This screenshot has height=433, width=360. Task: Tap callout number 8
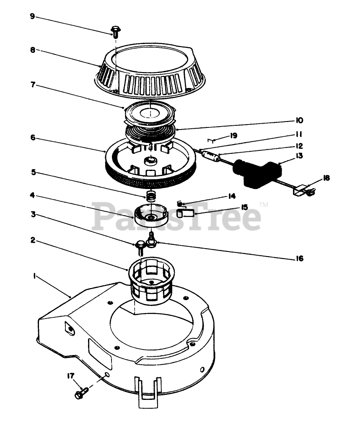click(x=33, y=49)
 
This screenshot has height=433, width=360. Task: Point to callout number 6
click(x=33, y=137)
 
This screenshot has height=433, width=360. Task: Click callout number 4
click(x=33, y=195)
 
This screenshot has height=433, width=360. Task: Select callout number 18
click(x=326, y=178)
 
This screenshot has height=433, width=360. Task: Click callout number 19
click(x=234, y=135)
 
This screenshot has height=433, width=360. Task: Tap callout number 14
click(x=232, y=196)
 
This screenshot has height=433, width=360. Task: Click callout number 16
click(x=298, y=259)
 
